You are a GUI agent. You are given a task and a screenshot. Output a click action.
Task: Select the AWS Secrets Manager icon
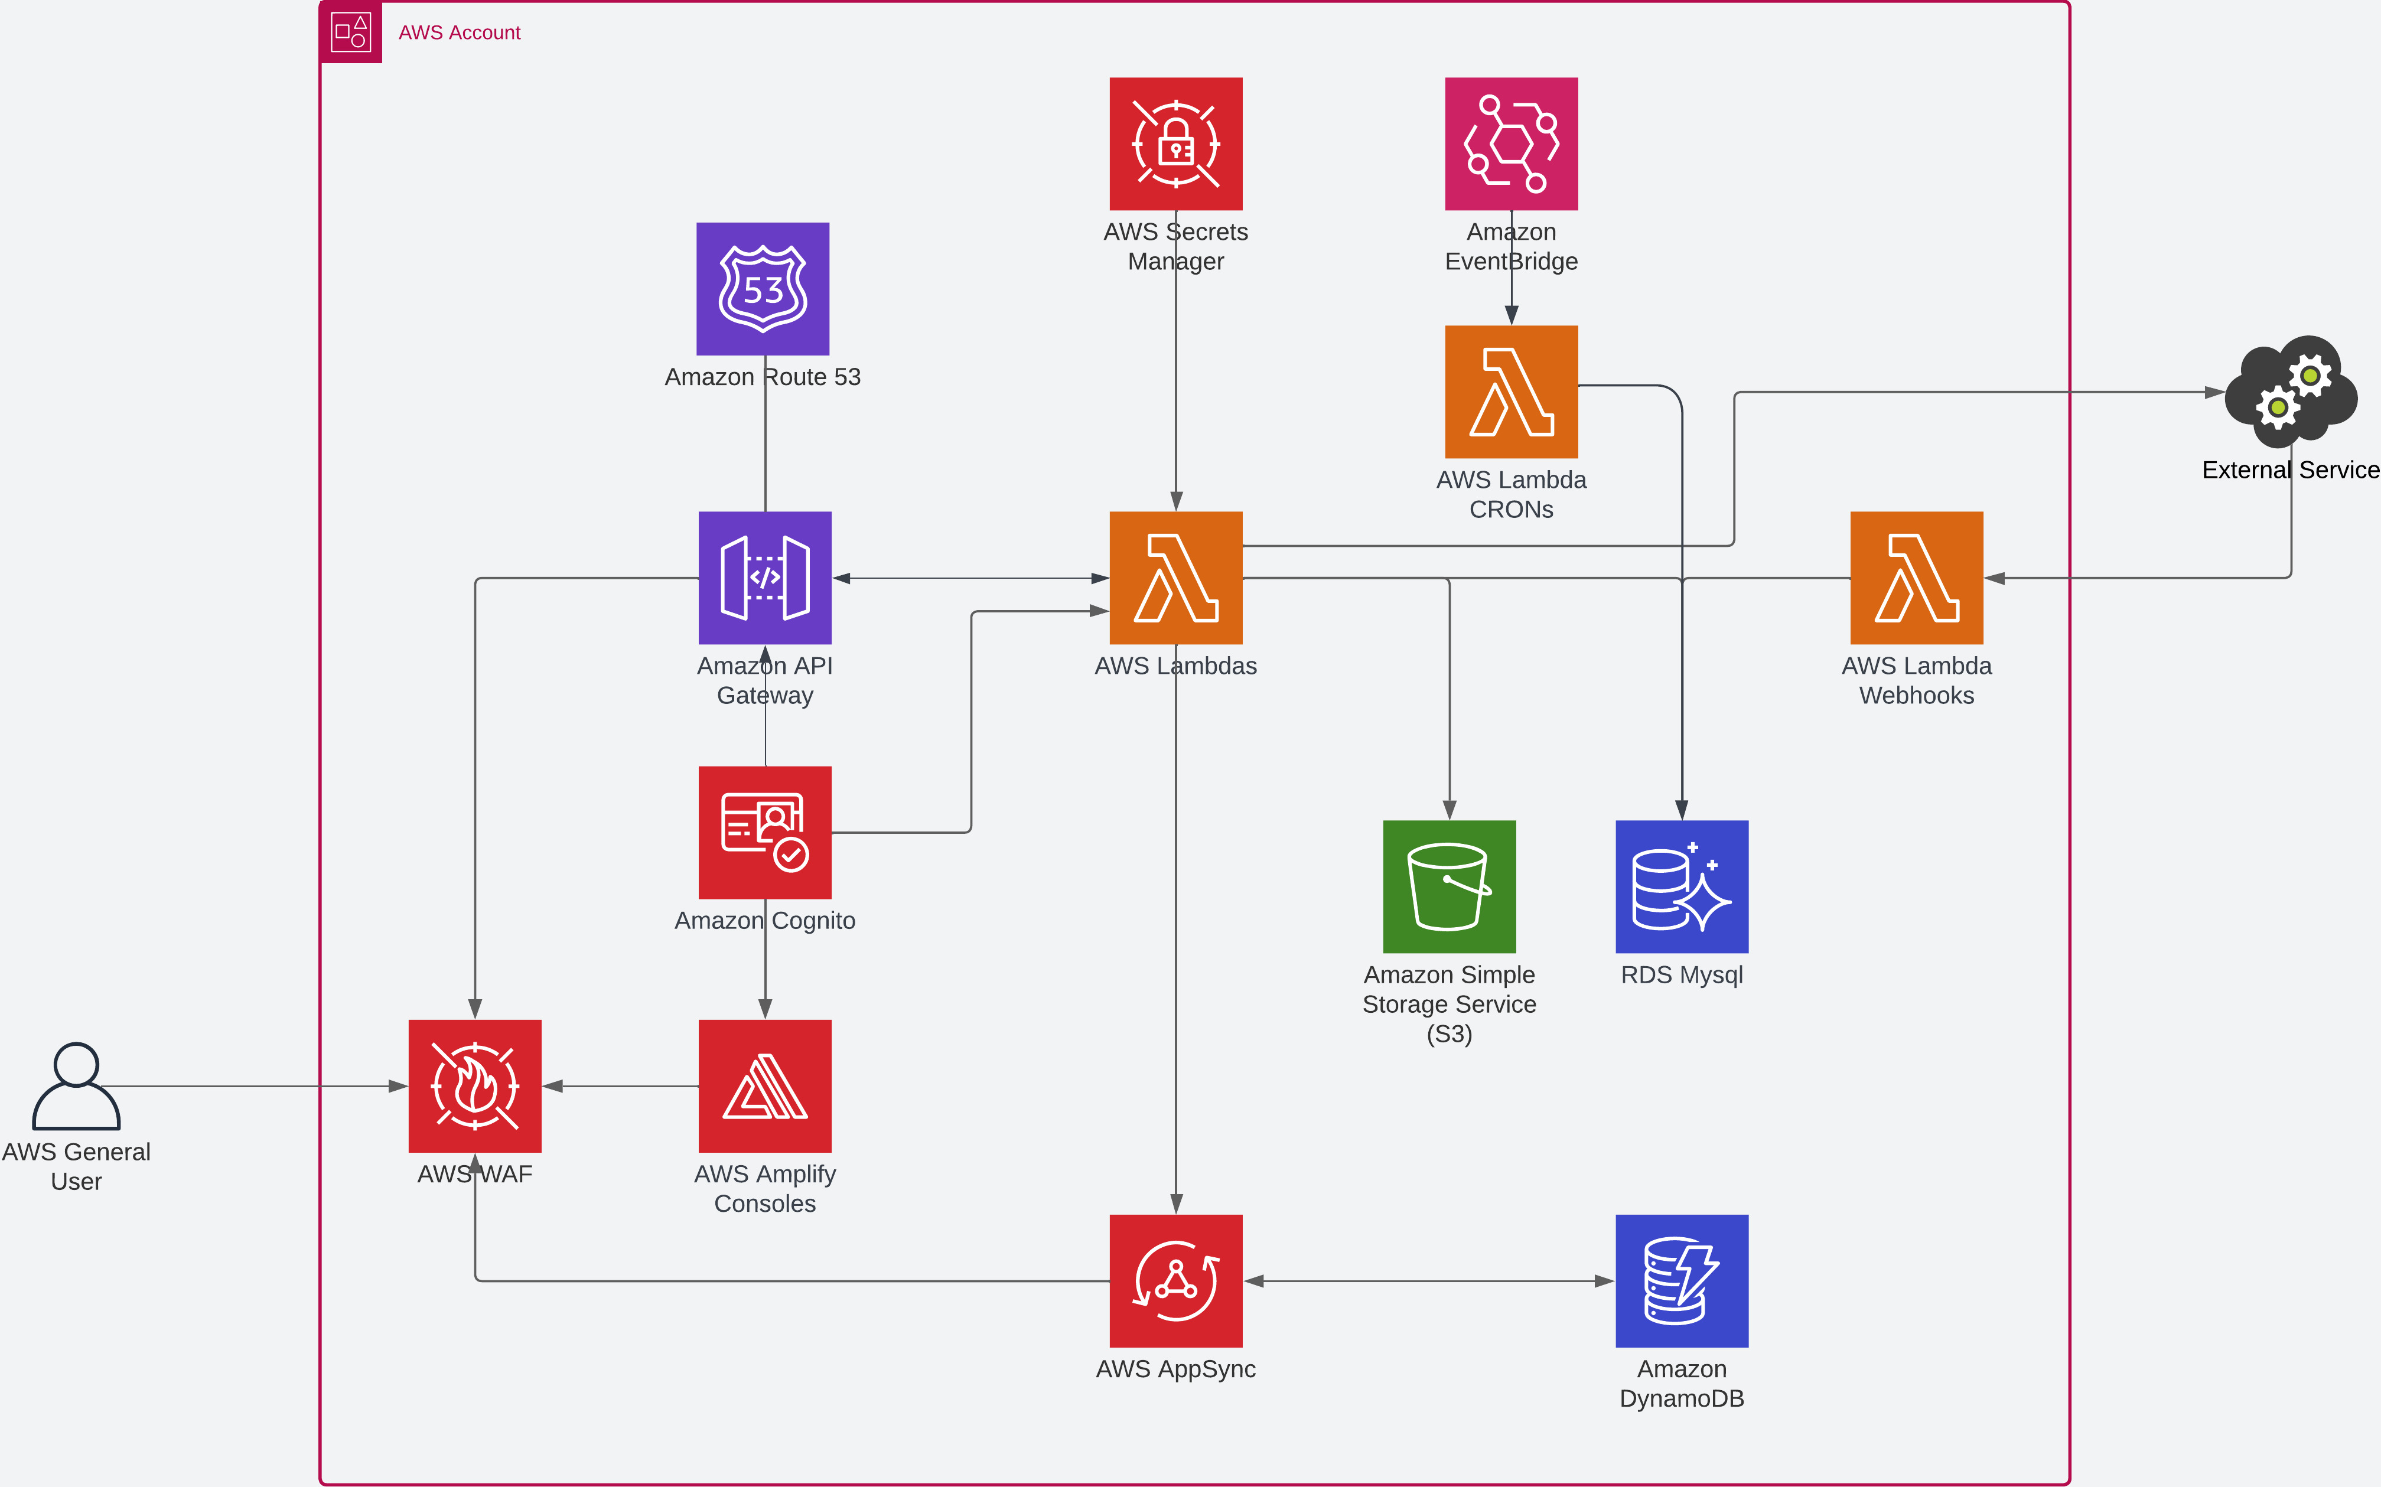coord(1175,144)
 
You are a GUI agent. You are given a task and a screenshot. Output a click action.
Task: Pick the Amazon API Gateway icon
coord(764,578)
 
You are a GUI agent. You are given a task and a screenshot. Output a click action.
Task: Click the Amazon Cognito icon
coord(764,832)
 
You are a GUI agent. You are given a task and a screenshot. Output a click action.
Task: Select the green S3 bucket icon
coord(1449,886)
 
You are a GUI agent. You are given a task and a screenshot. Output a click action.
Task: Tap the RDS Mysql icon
coord(1682,886)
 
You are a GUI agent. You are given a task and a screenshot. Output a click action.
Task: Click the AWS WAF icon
coord(474,1086)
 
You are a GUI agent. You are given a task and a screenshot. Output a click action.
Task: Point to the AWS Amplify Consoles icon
coord(764,1086)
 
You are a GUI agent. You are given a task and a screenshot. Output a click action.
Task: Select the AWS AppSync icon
coord(1175,1280)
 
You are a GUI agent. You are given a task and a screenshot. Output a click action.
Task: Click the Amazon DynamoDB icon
coord(1682,1280)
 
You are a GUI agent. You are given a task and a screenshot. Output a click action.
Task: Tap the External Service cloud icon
coord(2291,392)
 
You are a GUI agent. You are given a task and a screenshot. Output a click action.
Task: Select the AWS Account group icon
coord(350,31)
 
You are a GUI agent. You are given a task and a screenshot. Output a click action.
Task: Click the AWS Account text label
coord(460,32)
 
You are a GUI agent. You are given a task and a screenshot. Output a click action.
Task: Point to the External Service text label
coord(2291,470)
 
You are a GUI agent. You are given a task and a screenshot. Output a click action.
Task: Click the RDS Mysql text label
coord(1682,974)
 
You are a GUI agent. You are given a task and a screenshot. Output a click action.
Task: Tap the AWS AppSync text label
coord(1175,1369)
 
